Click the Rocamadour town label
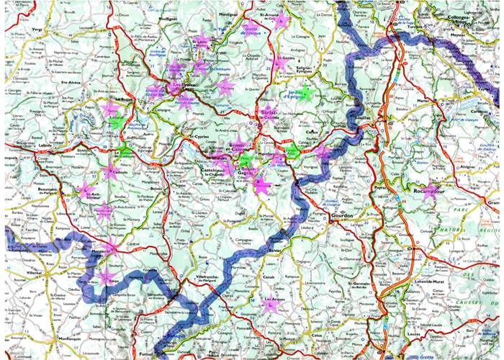pyautogui.click(x=430, y=193)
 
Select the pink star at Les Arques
pyautogui.click(x=270, y=305)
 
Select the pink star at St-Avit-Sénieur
pyautogui.click(x=86, y=192)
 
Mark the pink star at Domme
pyautogui.click(x=262, y=186)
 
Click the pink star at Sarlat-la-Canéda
pyautogui.click(x=268, y=112)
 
